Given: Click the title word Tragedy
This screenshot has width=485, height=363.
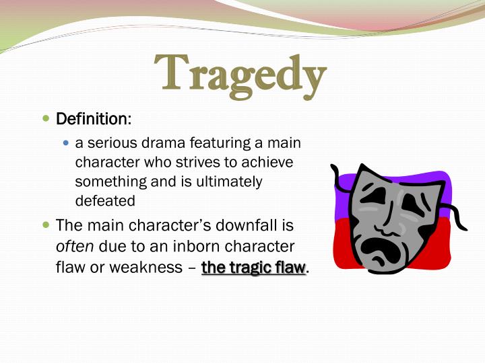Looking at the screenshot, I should [240, 73].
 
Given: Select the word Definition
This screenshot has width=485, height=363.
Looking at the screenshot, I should [92, 120].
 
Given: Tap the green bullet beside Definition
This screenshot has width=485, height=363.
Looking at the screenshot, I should [46, 119].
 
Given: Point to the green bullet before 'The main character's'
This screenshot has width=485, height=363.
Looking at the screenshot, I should [46, 225].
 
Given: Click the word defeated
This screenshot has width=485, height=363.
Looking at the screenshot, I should [105, 200].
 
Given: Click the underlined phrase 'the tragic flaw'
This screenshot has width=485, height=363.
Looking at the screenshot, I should [253, 268].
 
